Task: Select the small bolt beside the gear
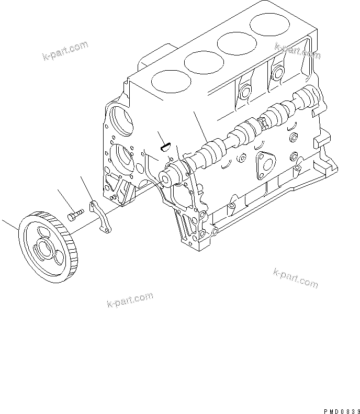(75, 215)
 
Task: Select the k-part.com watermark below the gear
(130, 300)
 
